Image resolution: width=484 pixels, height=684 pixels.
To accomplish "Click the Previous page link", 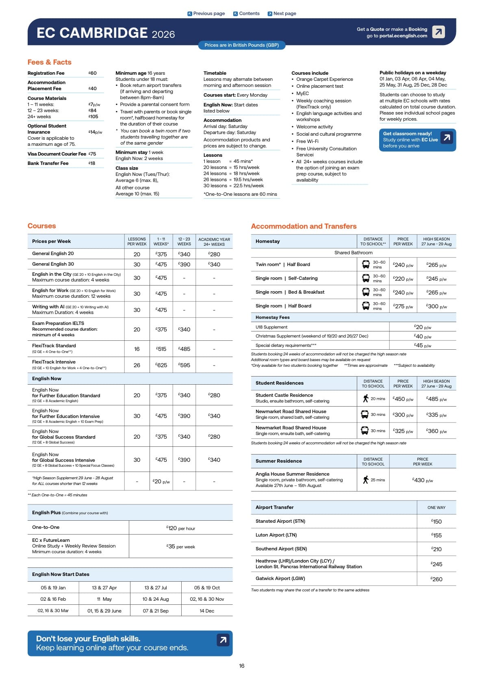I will (206, 13).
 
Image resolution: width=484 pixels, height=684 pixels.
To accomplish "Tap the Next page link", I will (282, 13).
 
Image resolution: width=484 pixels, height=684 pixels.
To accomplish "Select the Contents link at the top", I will (246, 13).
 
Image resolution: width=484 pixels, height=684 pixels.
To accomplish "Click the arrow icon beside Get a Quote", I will (438, 32).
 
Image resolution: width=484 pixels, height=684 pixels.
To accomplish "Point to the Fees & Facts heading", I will (49, 62).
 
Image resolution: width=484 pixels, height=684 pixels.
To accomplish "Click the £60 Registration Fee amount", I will (93, 73).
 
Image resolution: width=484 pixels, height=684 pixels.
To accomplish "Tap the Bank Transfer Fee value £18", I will (92, 163).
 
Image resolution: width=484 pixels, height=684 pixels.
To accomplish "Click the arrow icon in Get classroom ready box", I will (447, 138).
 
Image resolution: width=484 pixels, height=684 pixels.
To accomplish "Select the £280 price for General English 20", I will (214, 254).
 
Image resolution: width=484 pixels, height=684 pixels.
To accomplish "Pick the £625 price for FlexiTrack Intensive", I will (161, 365).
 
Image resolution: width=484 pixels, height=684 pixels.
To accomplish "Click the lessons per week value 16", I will (137, 349).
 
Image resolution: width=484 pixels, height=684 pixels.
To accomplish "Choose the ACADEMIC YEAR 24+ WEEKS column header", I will (214, 242).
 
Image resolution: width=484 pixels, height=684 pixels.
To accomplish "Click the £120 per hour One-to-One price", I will (181, 528).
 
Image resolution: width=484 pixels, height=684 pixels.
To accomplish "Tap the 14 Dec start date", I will (207, 610).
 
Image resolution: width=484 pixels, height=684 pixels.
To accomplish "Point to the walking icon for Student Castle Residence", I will (365, 398).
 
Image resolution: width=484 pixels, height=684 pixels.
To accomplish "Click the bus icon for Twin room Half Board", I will (365, 265).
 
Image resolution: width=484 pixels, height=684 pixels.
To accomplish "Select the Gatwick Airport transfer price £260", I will (436, 579).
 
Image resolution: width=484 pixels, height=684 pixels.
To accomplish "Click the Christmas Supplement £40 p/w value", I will (423, 336).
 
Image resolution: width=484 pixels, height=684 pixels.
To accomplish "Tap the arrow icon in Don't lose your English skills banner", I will (223, 640).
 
